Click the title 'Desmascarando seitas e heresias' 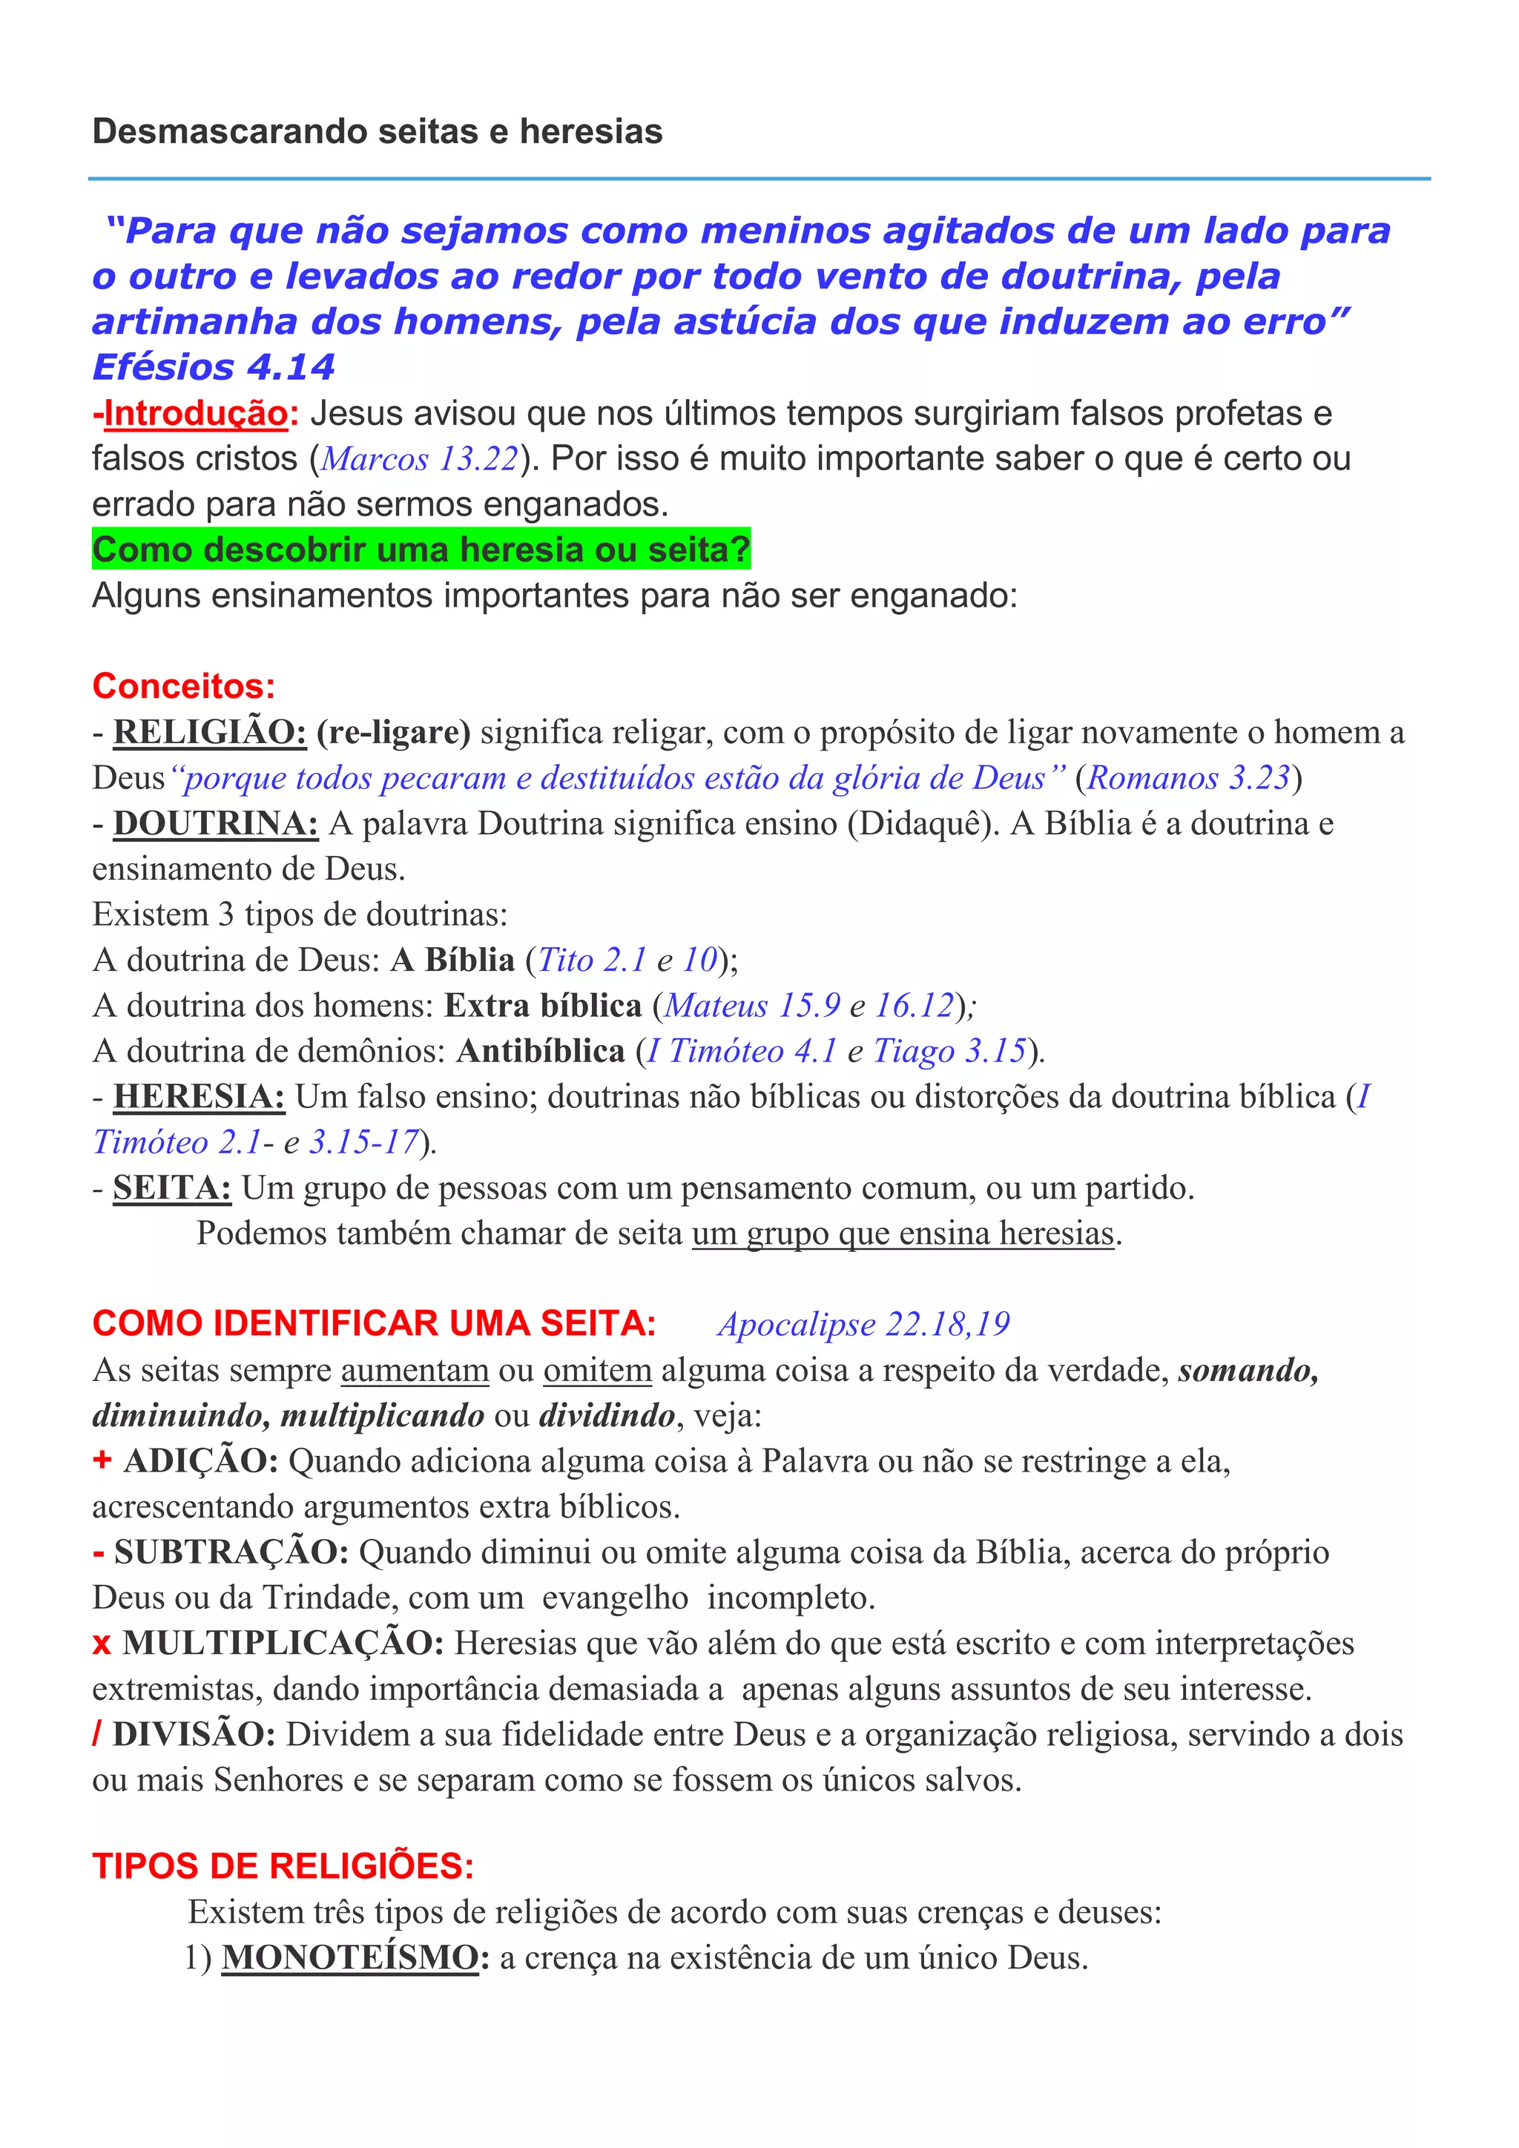pyautogui.click(x=377, y=132)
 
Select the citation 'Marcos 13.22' pyautogui.click(x=419, y=458)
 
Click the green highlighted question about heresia pyautogui.click(x=421, y=549)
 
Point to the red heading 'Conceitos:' pyautogui.click(x=183, y=686)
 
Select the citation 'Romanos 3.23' pyautogui.click(x=1188, y=777)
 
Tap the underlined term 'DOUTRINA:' pyautogui.click(x=215, y=823)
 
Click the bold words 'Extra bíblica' pyautogui.click(x=542, y=1006)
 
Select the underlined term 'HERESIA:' pyautogui.click(x=198, y=1096)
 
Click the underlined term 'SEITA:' pyautogui.click(x=172, y=1188)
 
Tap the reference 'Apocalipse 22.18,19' pyautogui.click(x=863, y=1324)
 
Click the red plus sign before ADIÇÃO pyautogui.click(x=102, y=1460)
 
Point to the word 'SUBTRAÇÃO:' pyautogui.click(x=231, y=1552)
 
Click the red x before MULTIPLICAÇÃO pyautogui.click(x=102, y=1644)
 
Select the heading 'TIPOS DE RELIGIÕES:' pyautogui.click(x=283, y=1865)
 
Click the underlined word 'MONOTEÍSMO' pyautogui.click(x=350, y=1957)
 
